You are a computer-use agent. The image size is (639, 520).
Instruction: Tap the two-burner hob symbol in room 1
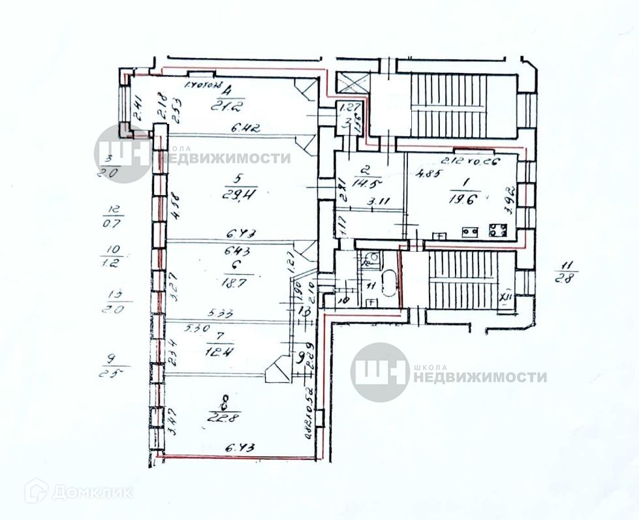click(x=468, y=231)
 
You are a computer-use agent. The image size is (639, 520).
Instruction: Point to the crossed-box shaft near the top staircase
click(x=352, y=84)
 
